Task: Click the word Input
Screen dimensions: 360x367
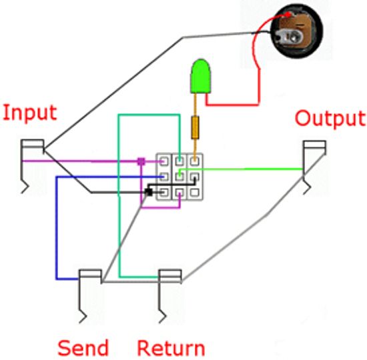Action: (x=29, y=112)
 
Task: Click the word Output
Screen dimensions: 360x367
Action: (x=330, y=119)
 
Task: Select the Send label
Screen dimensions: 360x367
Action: (x=83, y=347)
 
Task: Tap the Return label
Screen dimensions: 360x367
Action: (x=171, y=347)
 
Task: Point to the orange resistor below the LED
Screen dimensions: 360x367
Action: (x=195, y=127)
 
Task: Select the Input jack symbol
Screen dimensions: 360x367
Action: (x=31, y=160)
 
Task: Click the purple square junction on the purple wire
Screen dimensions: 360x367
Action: (x=141, y=161)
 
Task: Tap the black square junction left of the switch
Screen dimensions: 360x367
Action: (x=148, y=192)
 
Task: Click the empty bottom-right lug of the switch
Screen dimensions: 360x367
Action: (x=194, y=193)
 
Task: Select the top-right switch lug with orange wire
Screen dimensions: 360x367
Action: (x=194, y=161)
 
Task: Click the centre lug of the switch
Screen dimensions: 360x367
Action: (x=179, y=177)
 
